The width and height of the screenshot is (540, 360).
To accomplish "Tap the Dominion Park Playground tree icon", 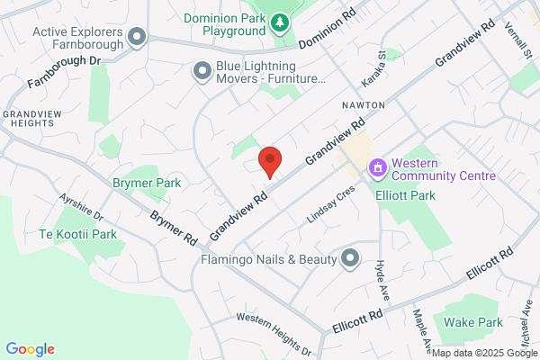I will [281, 20].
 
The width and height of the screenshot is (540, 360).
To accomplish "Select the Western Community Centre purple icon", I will [378, 167].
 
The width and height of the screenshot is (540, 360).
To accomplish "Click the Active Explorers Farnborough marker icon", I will [137, 37].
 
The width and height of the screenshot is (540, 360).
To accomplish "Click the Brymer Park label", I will [147, 183].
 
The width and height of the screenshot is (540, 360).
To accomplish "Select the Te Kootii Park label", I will [78, 235].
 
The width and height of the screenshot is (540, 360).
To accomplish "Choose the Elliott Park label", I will [406, 194].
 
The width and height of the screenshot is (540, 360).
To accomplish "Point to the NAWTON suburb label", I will [364, 105].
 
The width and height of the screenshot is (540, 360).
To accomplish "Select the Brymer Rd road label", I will [173, 229].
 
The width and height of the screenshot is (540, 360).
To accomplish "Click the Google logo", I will [31, 349].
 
